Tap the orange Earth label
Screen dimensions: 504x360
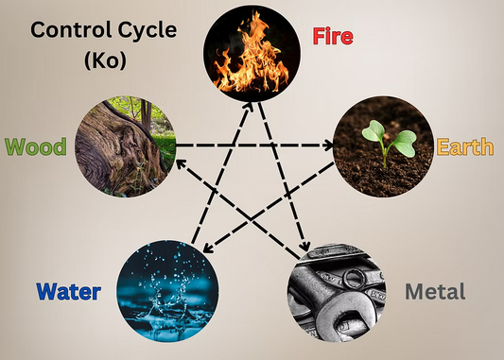point(464,147)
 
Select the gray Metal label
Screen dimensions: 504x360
point(435,291)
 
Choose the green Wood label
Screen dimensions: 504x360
point(33,147)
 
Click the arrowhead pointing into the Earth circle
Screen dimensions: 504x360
point(330,146)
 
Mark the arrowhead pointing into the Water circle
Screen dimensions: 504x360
point(208,248)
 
